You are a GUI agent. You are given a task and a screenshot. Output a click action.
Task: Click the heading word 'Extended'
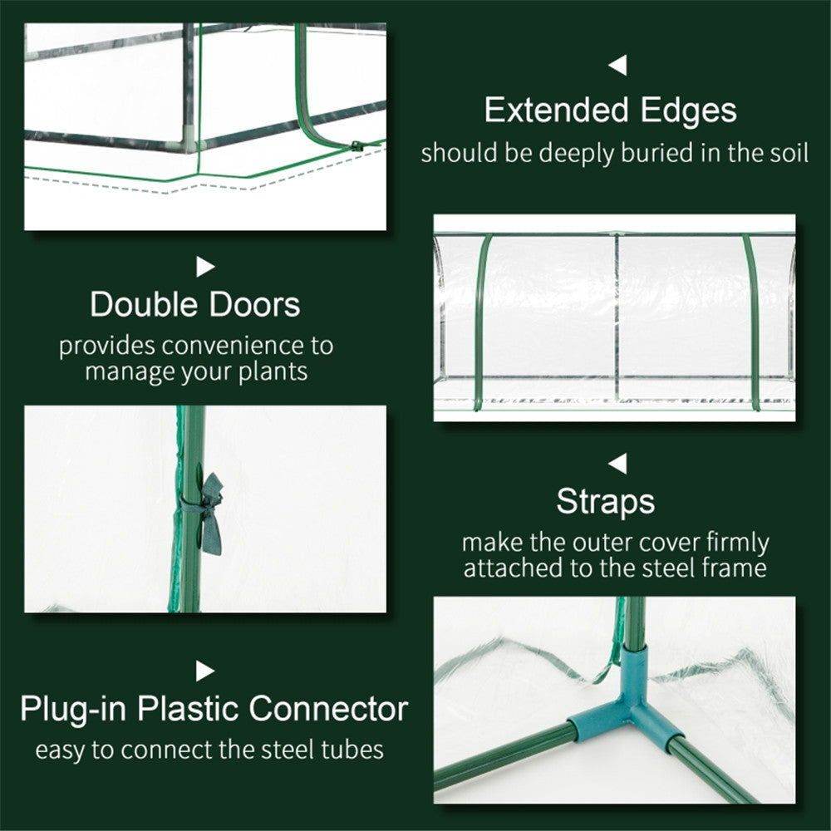click(548, 111)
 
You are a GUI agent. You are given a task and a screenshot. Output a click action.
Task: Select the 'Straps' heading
click(605, 502)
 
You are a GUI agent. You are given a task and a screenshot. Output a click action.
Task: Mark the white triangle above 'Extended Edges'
click(617, 66)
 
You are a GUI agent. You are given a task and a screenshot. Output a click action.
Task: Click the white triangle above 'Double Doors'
click(205, 267)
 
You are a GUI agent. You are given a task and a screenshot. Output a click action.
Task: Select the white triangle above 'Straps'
click(617, 464)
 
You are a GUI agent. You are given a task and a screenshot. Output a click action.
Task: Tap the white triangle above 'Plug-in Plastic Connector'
click(205, 671)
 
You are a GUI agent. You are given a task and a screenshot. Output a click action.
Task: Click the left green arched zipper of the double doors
click(483, 320)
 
